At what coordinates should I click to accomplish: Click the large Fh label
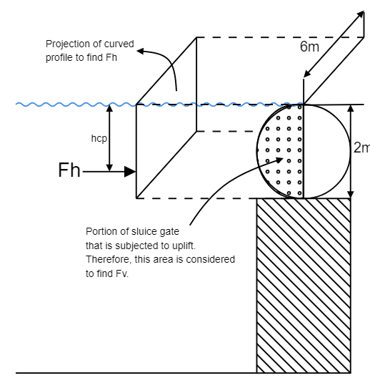69,170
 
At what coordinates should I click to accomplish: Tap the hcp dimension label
99,139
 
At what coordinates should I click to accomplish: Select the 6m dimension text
309,47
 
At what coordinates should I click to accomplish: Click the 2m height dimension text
361,148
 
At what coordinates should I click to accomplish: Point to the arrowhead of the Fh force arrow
131,172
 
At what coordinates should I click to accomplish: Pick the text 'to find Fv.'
107,273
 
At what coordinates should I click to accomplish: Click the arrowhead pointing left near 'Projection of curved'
140,51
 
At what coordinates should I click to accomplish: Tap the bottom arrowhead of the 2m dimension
350,194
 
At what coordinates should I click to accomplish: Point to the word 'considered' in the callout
214,258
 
